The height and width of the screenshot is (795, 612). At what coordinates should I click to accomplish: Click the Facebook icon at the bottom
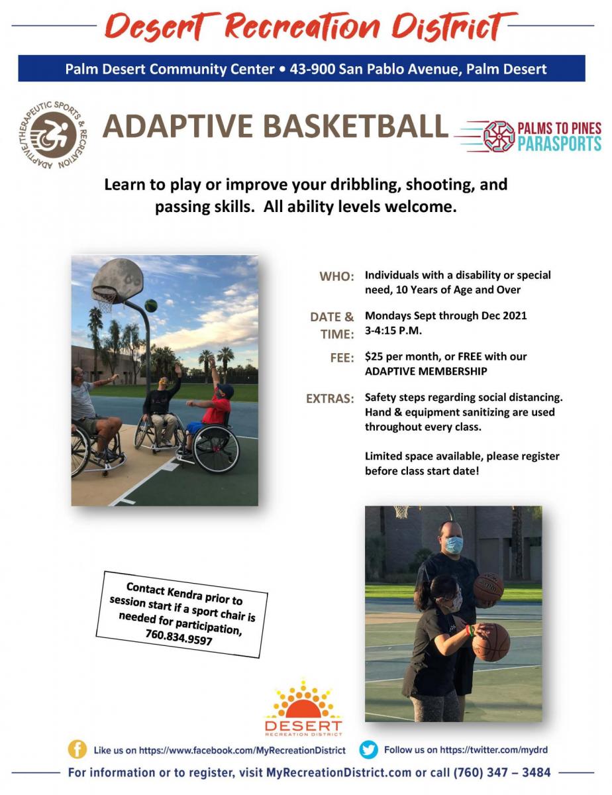[x=77, y=749]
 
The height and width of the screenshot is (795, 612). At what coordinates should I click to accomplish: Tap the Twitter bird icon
[x=368, y=749]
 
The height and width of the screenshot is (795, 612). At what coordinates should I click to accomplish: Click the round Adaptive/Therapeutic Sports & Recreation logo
[x=53, y=135]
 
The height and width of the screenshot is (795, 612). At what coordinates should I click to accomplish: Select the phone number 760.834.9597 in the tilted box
[x=179, y=638]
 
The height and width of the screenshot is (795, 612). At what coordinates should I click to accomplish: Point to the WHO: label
[x=336, y=276]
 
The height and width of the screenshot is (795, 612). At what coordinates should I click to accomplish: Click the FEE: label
[x=342, y=358]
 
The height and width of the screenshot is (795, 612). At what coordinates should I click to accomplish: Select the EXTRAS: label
[x=330, y=398]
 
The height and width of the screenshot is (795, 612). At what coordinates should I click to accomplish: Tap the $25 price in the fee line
[x=374, y=356]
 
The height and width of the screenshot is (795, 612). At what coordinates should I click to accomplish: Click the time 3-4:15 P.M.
[x=393, y=331]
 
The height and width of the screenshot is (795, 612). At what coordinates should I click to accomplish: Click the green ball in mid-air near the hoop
[x=151, y=305]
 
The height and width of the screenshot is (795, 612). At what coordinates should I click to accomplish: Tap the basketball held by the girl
[x=491, y=642]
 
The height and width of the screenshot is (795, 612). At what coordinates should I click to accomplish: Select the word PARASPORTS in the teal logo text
[x=560, y=143]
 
